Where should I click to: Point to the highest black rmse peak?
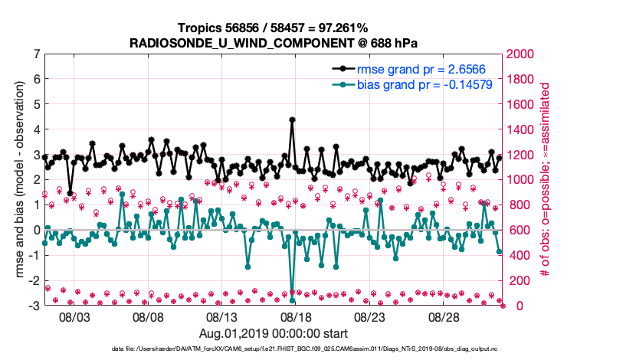[292, 119]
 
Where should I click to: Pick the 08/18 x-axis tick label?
[296, 316]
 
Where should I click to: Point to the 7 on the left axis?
[37, 54]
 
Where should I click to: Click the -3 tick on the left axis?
[34, 306]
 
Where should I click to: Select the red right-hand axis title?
[546, 180]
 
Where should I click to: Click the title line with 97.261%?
[274, 28]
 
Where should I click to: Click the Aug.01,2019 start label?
[274, 333]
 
